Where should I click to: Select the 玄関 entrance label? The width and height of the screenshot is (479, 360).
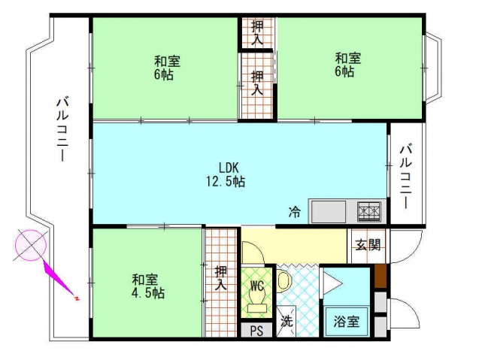[368, 244]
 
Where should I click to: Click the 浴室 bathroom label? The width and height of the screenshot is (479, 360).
[346, 321]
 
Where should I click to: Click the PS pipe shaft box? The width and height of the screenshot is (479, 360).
[256, 330]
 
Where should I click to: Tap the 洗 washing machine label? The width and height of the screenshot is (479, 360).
[287, 321]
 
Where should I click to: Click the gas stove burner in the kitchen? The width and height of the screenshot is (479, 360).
[368, 212]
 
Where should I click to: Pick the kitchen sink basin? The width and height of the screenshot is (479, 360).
[329, 212]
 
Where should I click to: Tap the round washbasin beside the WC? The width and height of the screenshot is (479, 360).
[284, 281]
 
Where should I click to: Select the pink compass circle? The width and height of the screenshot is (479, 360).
[31, 245]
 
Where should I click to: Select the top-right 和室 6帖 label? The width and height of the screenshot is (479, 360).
[347, 64]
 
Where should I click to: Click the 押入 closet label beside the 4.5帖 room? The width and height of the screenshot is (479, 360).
[220, 277]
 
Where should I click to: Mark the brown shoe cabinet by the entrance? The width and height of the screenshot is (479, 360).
[380, 276]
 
